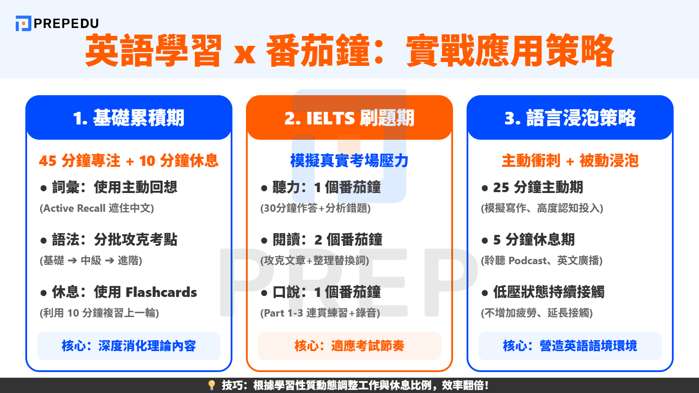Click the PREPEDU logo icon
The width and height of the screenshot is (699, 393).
coord(23,24)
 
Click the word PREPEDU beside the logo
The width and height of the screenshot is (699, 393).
coord(66,24)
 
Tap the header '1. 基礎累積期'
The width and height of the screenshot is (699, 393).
coord(129,118)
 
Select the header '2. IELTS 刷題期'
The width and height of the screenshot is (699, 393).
coord(349,118)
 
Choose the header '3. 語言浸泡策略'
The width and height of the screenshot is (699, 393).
coord(570,118)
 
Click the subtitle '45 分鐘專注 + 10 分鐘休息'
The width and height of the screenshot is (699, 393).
coord(129,161)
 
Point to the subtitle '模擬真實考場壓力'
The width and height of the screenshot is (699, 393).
coord(349,161)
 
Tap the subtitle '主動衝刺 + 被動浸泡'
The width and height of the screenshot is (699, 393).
coord(570,161)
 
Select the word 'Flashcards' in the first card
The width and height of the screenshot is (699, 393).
coord(161,292)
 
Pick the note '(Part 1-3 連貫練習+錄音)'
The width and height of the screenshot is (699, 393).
coord(320,313)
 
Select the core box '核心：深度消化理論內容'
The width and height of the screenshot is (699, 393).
coord(129,346)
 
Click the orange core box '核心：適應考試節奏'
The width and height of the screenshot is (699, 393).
coord(349,346)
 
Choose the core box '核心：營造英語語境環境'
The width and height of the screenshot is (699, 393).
coord(570,346)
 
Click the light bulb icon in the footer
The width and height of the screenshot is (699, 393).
coord(212,385)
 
